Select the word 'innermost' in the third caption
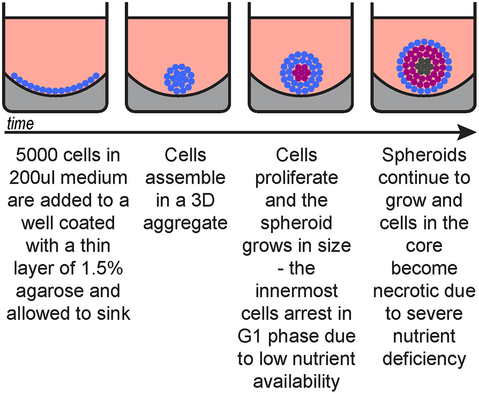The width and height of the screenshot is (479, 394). click(x=297, y=291)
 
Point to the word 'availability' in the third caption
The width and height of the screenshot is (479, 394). click(x=297, y=380)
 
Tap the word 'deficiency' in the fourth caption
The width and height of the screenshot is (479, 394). click(x=424, y=358)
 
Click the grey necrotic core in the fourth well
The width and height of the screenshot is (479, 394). click(x=423, y=65)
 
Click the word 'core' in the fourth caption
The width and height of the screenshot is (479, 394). click(x=424, y=246)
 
